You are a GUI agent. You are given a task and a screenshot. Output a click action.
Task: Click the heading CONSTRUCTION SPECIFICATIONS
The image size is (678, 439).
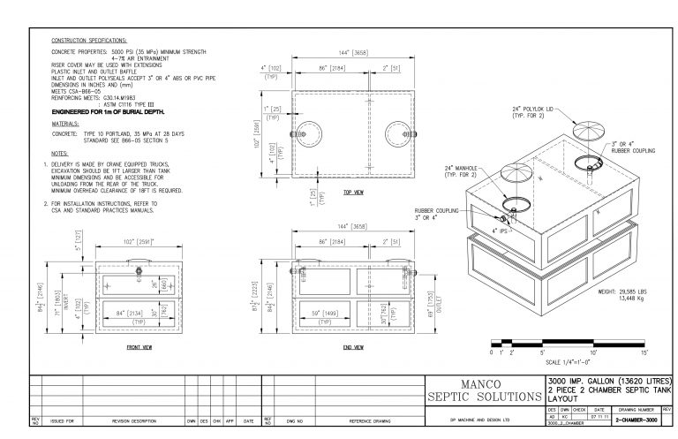pos(89,41)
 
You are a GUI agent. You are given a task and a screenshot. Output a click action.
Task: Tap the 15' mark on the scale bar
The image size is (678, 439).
pos(645,352)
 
